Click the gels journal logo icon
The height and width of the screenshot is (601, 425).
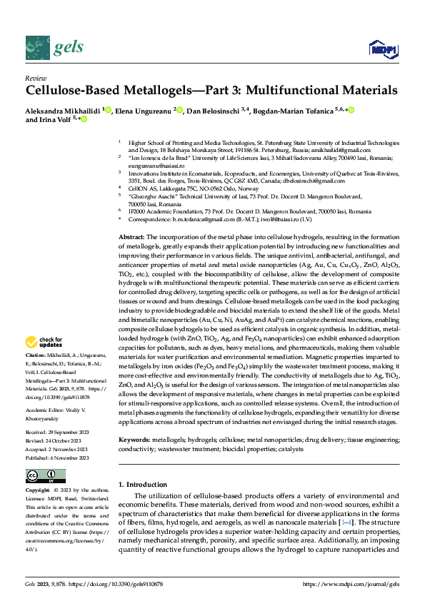(36, 47)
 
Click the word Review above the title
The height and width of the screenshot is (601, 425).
(36, 78)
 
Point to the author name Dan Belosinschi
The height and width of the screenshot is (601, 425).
(209, 111)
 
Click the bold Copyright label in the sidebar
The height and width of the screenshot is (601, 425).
(37, 491)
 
